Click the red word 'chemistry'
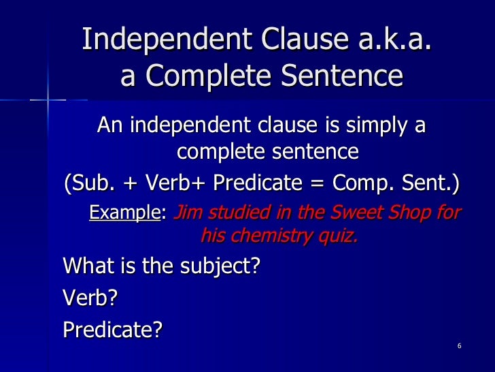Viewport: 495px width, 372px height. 275,237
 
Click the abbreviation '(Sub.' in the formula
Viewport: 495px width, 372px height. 87,184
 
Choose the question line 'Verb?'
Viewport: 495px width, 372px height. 86,297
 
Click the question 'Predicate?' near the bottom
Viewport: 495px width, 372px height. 113,329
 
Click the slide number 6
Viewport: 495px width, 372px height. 460,347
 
